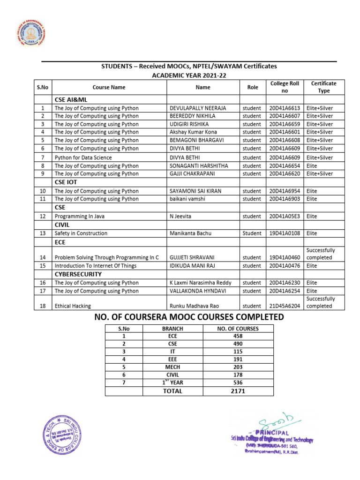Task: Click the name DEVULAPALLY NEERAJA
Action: (x=197, y=108)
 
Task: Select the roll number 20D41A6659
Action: (x=285, y=124)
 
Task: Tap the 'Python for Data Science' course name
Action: (x=83, y=157)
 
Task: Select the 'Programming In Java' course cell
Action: (x=79, y=216)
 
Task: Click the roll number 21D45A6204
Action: (x=285, y=306)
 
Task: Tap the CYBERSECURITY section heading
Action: (x=78, y=274)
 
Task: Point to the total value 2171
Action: (x=238, y=391)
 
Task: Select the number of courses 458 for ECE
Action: (x=238, y=336)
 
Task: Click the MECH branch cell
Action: (x=172, y=367)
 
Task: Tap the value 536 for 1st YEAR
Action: (x=238, y=382)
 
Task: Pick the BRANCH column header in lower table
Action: (x=172, y=329)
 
